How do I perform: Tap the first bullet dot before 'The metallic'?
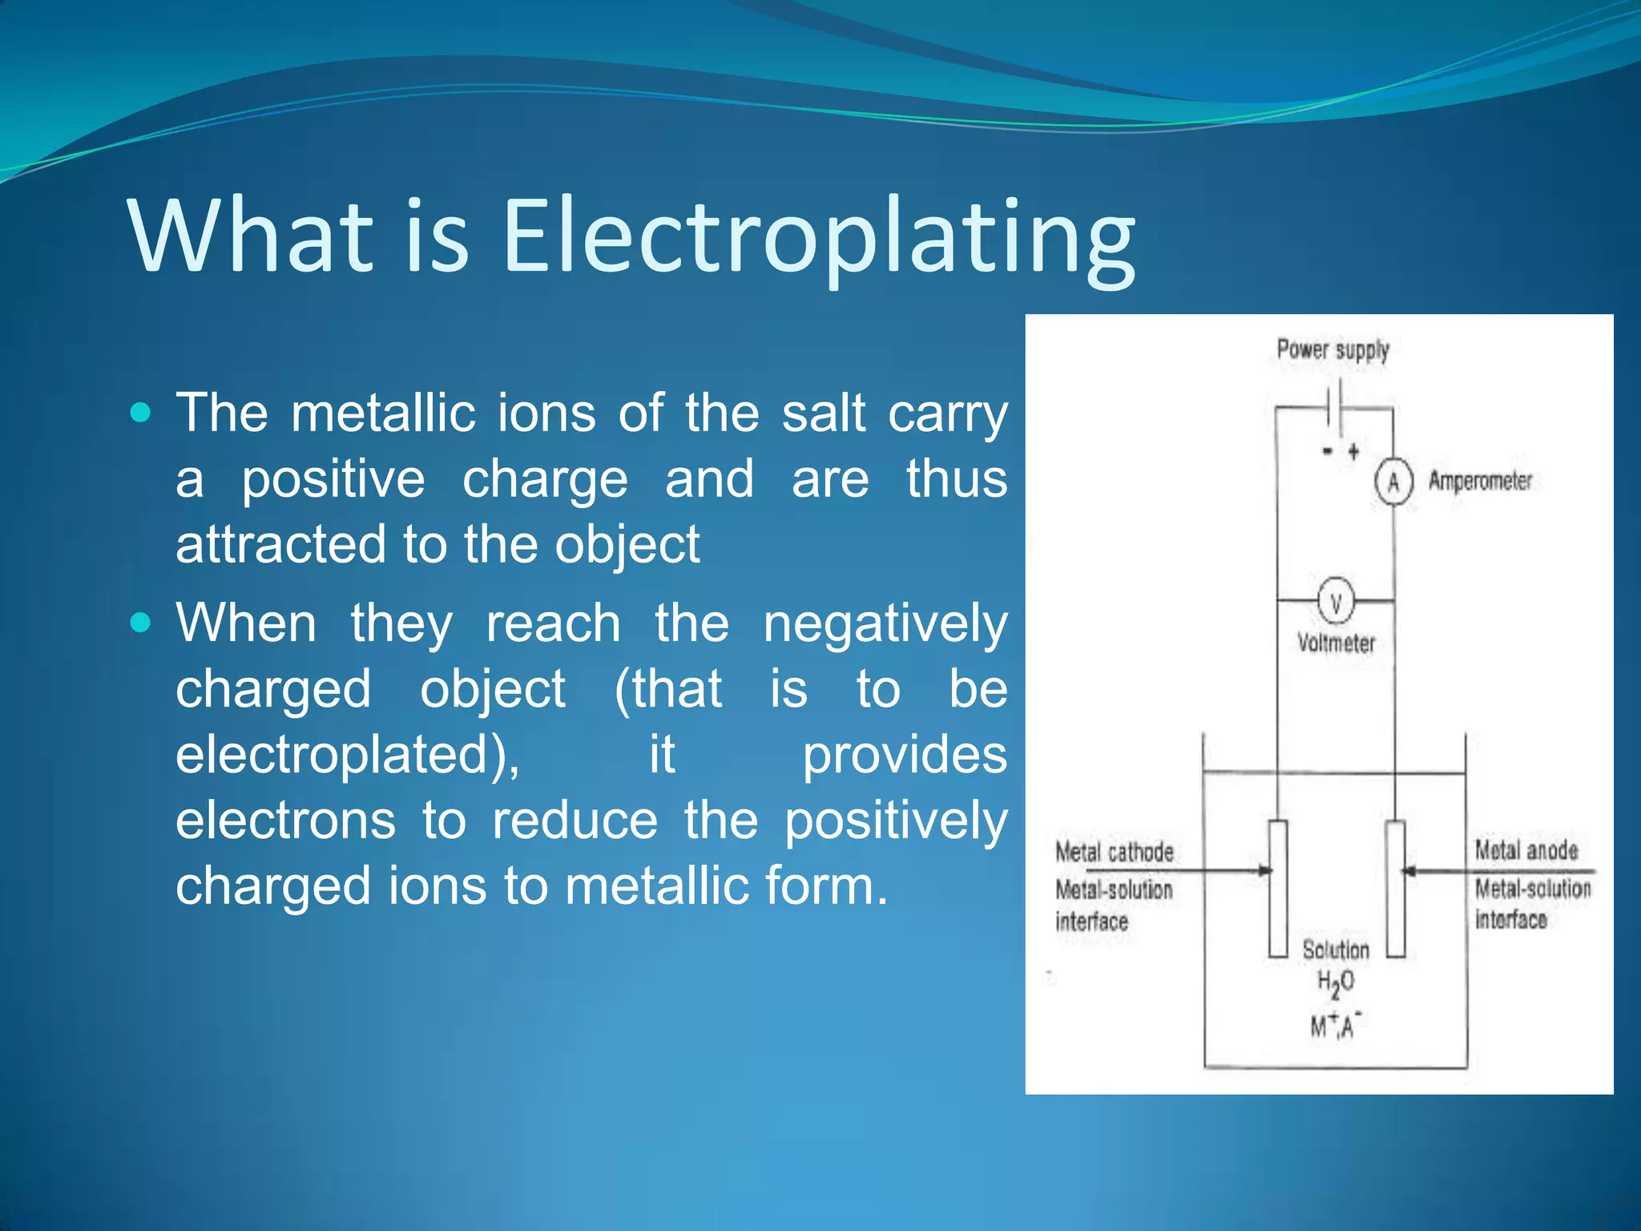pyautogui.click(x=140, y=413)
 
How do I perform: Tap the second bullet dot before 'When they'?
pyautogui.click(x=140, y=623)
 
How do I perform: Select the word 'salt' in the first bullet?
pyautogui.click(x=824, y=414)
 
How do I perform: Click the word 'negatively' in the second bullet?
pyautogui.click(x=885, y=624)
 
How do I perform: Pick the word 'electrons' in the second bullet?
pyautogui.click(x=285, y=821)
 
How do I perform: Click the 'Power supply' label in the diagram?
pyautogui.click(x=1333, y=350)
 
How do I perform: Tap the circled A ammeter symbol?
pyautogui.click(x=1393, y=482)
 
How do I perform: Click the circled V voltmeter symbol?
pyautogui.click(x=1336, y=601)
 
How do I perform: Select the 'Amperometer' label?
pyautogui.click(x=1480, y=481)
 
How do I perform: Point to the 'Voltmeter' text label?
pyautogui.click(x=1336, y=643)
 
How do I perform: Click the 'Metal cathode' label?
pyautogui.click(x=1114, y=852)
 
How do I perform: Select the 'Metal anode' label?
pyautogui.click(x=1526, y=850)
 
